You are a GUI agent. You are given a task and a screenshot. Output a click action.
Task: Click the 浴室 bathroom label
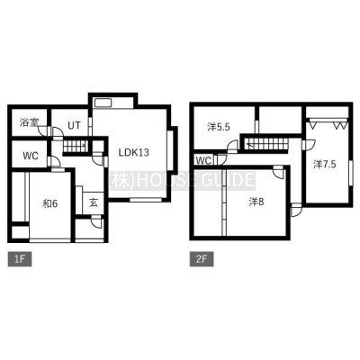pos(30,122)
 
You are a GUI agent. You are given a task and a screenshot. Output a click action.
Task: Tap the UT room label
pos(74,125)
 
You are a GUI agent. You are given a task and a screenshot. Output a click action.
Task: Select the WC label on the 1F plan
pos(31,156)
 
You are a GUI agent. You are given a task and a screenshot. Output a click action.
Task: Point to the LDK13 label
pos(133,153)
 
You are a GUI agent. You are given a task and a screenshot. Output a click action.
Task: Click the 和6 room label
pos(49,204)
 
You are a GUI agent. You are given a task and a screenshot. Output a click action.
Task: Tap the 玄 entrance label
pos(94,203)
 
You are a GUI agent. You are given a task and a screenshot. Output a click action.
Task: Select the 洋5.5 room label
pos(219,127)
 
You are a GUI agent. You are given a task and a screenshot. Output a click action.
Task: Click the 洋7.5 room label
pos(325,164)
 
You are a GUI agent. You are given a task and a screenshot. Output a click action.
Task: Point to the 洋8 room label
pos(256,202)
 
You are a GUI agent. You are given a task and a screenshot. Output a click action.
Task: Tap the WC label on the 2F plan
pos(203,161)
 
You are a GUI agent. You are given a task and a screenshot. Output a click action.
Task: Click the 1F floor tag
pos(20,259)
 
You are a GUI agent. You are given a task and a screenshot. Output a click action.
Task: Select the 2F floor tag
pos(202,259)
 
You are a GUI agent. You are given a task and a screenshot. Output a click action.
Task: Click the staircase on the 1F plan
pos(76,147)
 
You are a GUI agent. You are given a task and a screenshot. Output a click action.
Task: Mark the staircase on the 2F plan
pos(266,143)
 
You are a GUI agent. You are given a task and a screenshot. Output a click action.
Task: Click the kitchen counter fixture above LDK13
pos(103,103)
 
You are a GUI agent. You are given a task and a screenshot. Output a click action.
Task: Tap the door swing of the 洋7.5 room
pos(309,145)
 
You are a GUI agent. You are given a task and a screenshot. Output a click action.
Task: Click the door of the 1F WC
pos(54,161)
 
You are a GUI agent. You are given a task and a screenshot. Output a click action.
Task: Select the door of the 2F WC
pos(221,159)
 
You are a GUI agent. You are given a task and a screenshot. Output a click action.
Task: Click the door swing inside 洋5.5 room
pos(233,147)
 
